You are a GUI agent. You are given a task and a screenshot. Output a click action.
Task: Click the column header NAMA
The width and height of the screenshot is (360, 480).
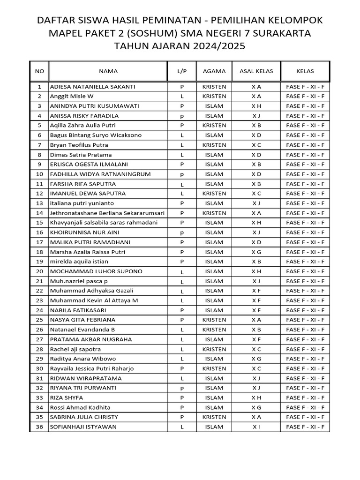pyautogui.click(x=108, y=71)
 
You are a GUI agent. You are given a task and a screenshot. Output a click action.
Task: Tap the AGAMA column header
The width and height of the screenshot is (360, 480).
pyautogui.click(x=214, y=71)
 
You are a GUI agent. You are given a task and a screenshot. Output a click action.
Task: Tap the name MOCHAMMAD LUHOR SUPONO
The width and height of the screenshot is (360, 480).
pyautogui.click(x=96, y=271)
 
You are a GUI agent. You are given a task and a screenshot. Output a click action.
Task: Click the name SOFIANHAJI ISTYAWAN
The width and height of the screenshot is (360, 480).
pyautogui.click(x=83, y=427)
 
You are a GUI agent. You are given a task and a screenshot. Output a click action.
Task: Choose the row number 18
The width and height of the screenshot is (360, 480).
pyautogui.click(x=39, y=252)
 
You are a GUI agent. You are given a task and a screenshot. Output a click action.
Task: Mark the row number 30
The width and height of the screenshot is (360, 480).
pyautogui.click(x=39, y=368)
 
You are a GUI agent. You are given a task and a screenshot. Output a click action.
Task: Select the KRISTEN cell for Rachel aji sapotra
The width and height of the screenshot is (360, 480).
pyautogui.click(x=214, y=349)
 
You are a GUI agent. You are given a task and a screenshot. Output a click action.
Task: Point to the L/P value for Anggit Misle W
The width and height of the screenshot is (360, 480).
pyautogui.click(x=182, y=96)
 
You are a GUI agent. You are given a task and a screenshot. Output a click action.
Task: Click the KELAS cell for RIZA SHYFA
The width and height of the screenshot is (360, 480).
pyautogui.click(x=305, y=398)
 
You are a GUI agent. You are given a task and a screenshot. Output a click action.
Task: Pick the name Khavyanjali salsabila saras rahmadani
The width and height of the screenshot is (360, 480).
pyautogui.click(x=104, y=223)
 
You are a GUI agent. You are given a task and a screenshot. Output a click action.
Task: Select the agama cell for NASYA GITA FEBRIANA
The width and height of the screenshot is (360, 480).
pyautogui.click(x=214, y=320)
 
